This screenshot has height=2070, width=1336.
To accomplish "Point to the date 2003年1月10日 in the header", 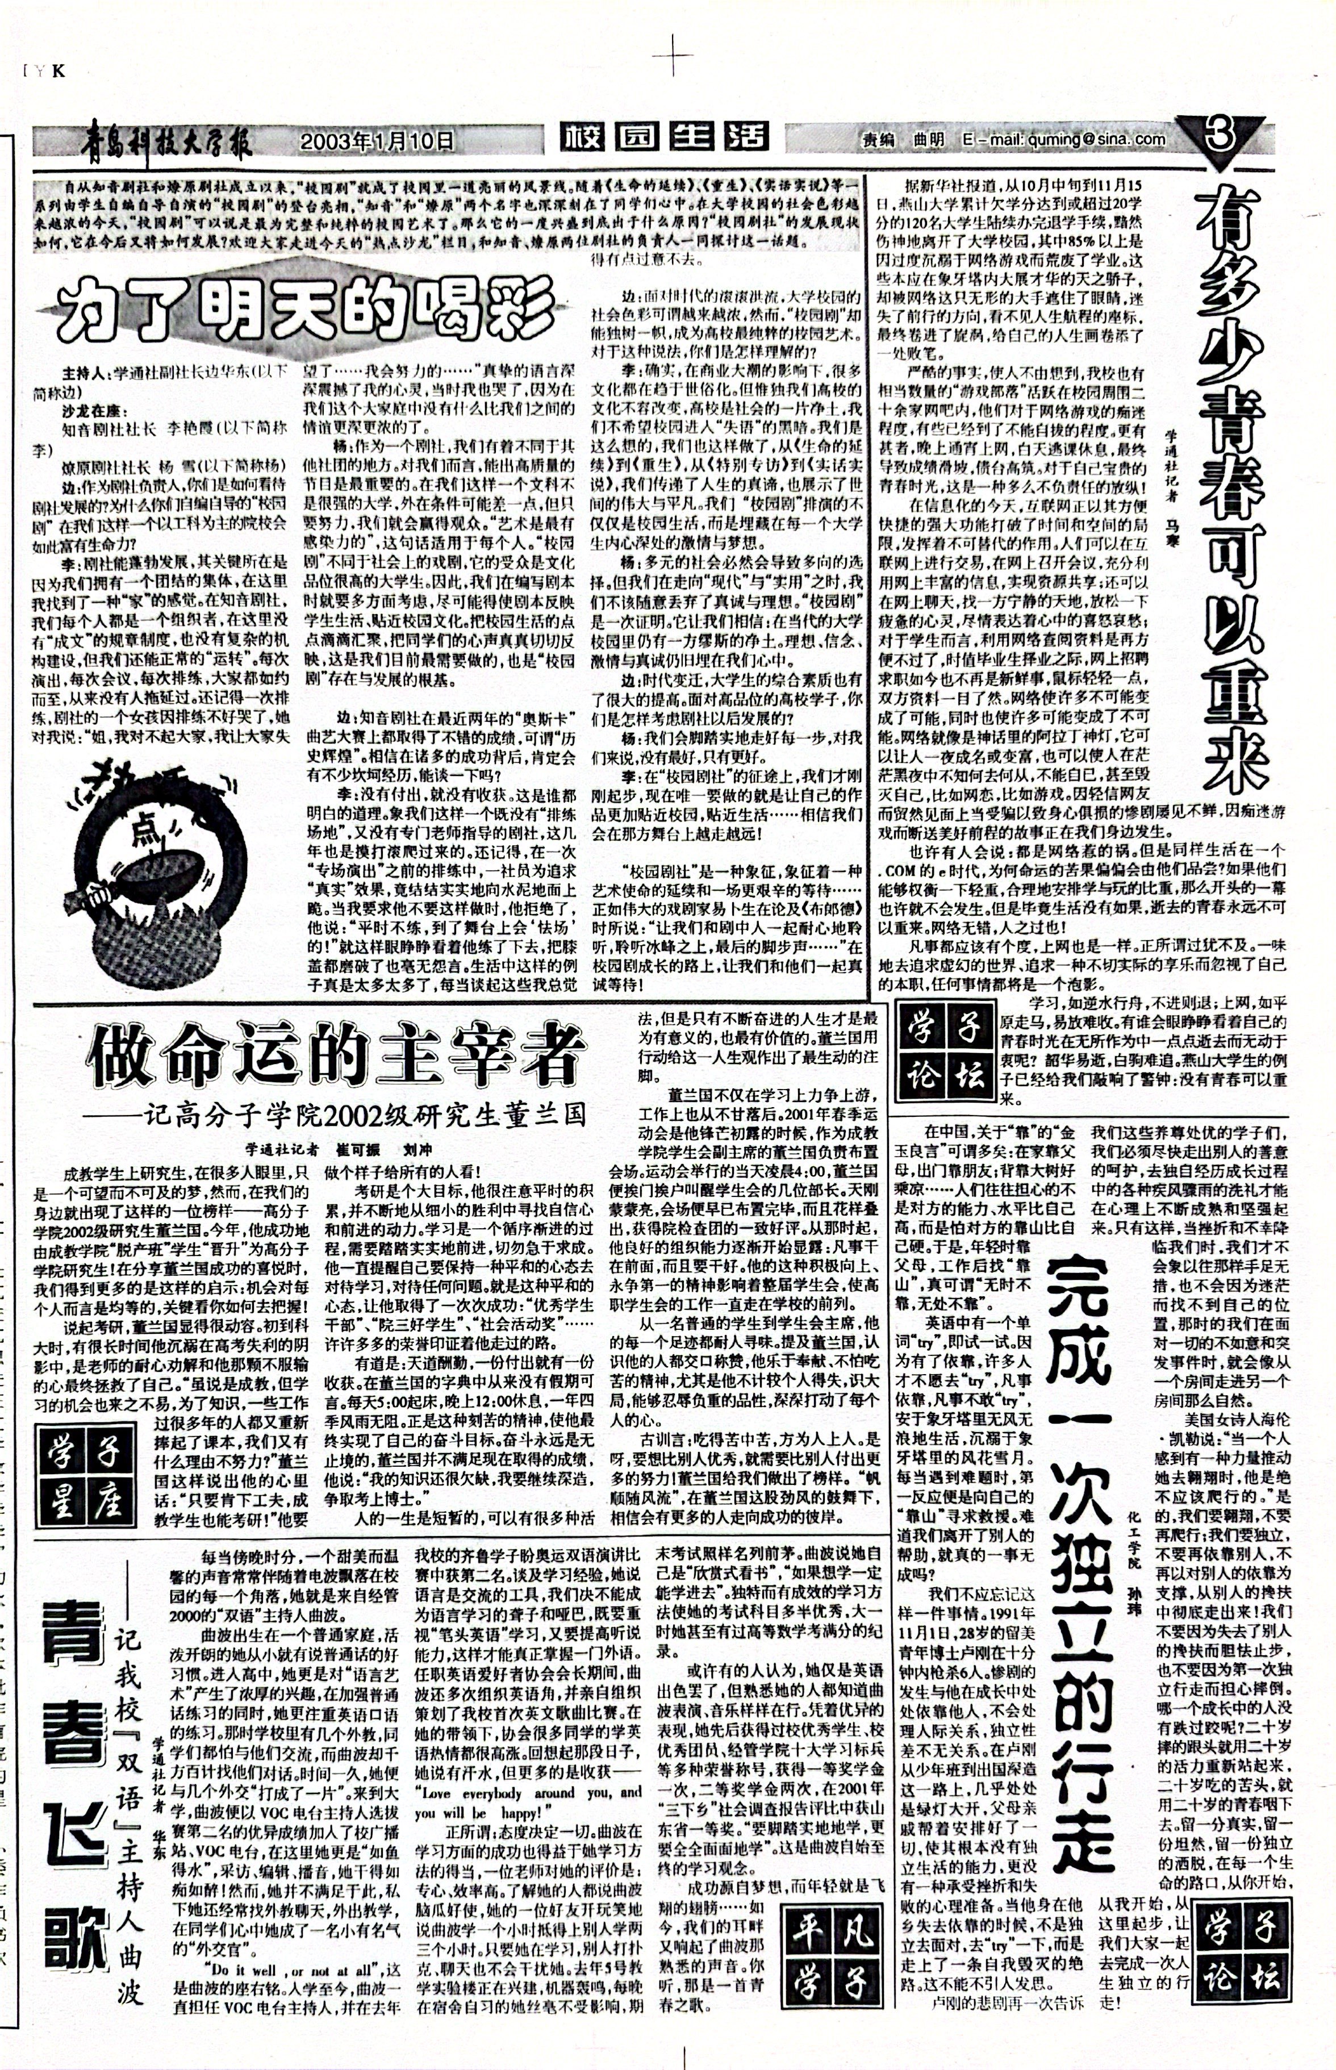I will coord(377,139).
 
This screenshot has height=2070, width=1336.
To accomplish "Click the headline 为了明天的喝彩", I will coord(299,304).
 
